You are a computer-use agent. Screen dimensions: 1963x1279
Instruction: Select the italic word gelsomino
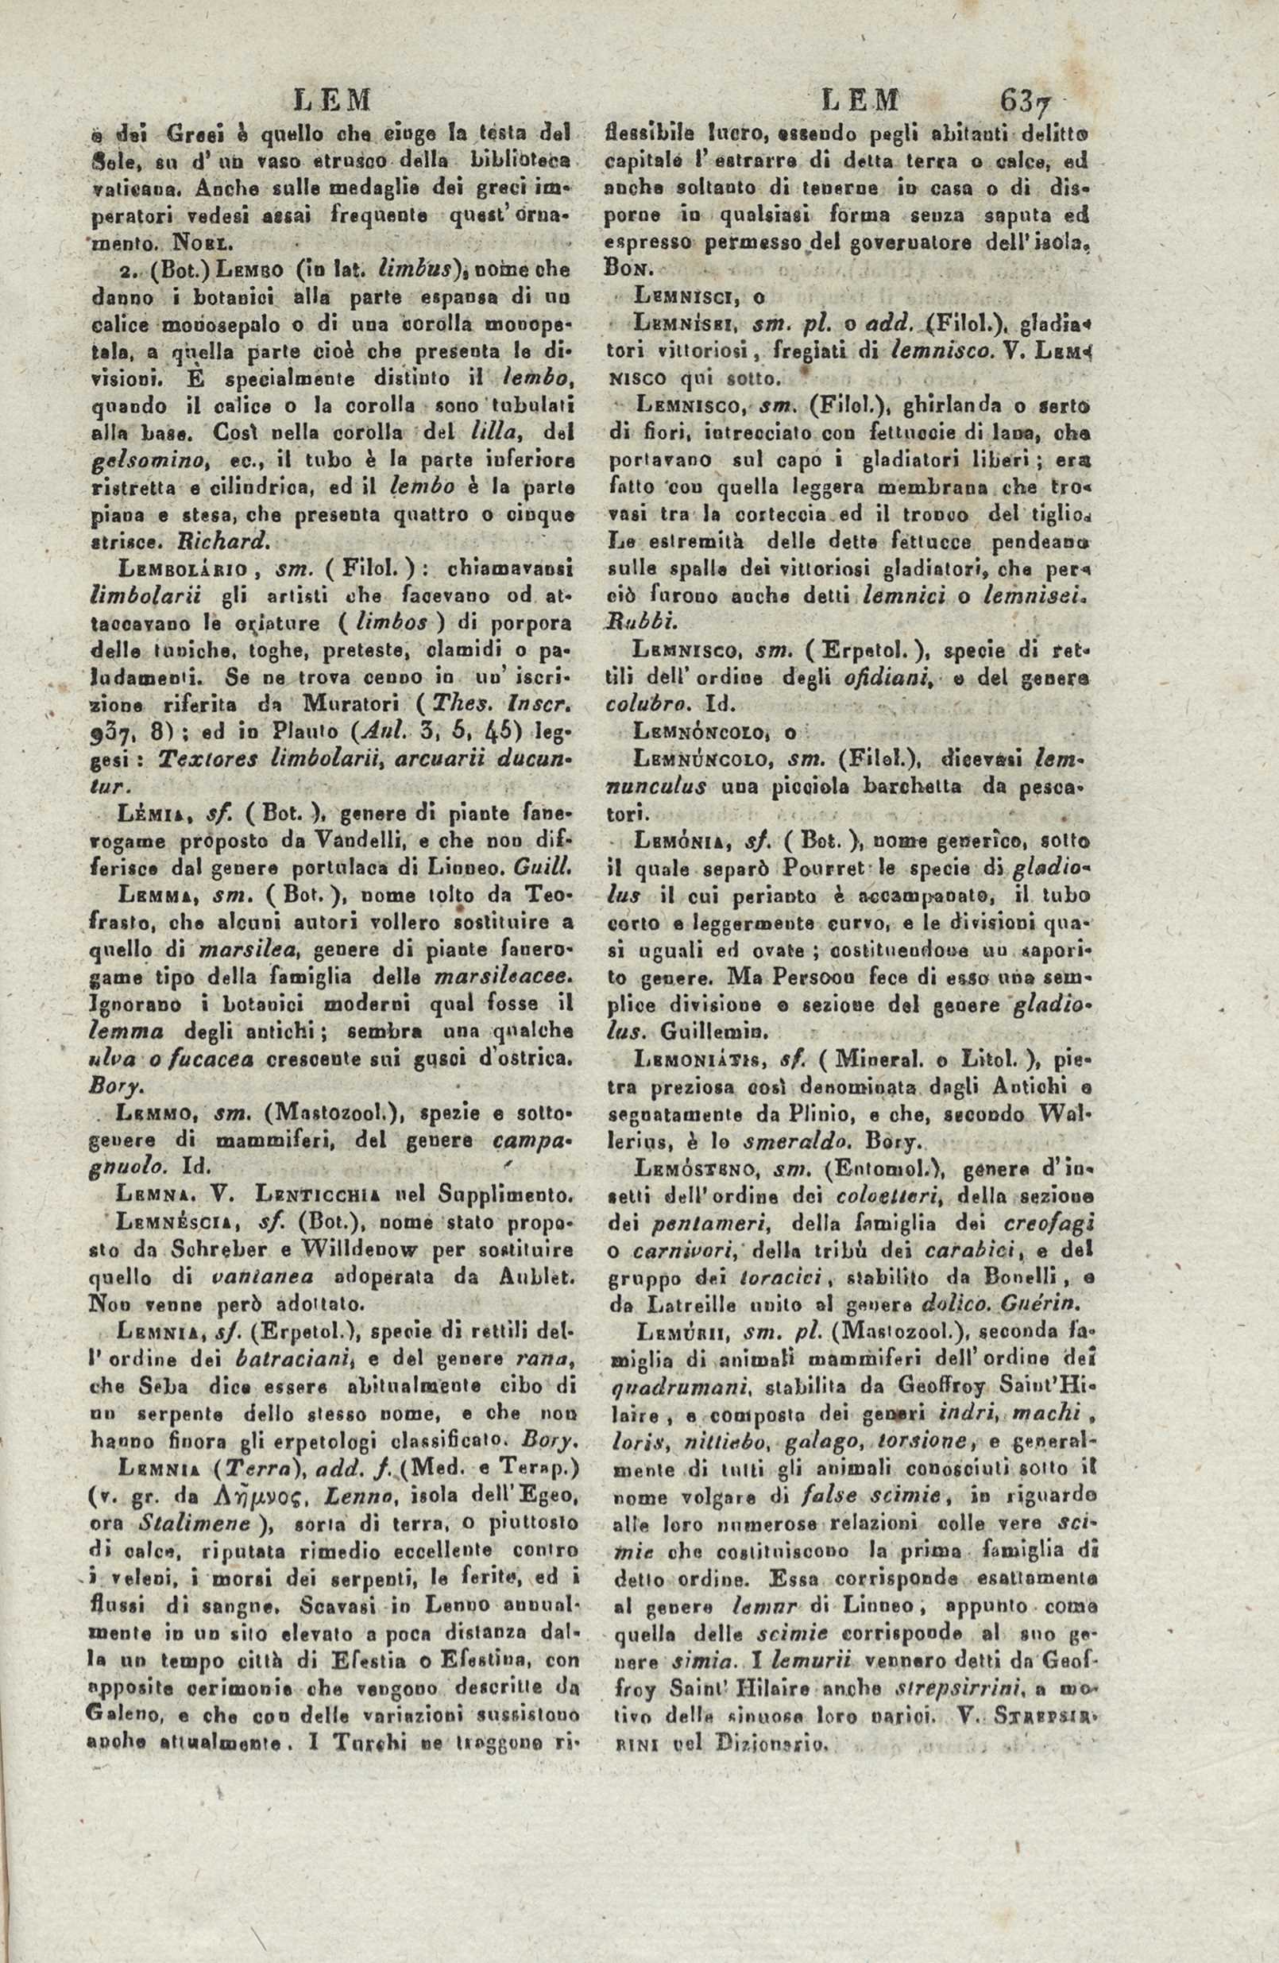click(133, 459)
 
